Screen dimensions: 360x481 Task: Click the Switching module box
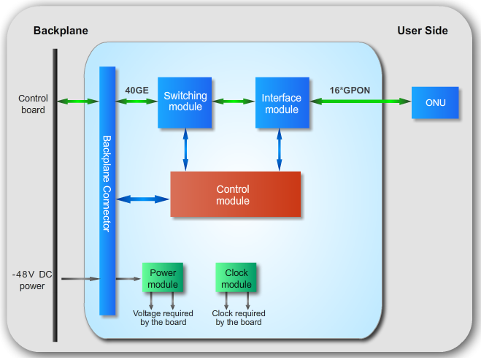click(x=185, y=102)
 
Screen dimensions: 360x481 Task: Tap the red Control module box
click(x=235, y=194)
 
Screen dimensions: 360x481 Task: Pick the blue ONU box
click(x=436, y=103)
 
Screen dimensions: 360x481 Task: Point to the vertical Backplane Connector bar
click(x=107, y=190)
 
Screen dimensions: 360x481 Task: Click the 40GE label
click(x=136, y=90)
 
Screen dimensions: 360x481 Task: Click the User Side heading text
click(x=423, y=31)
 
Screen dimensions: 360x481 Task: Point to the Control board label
click(x=32, y=104)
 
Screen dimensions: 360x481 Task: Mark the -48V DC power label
click(x=32, y=280)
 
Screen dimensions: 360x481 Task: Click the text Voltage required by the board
click(x=163, y=318)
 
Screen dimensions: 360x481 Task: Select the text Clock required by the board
click(x=239, y=318)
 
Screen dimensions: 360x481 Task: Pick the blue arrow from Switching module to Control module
click(x=185, y=150)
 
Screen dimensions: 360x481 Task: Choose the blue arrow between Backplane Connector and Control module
click(x=142, y=198)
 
